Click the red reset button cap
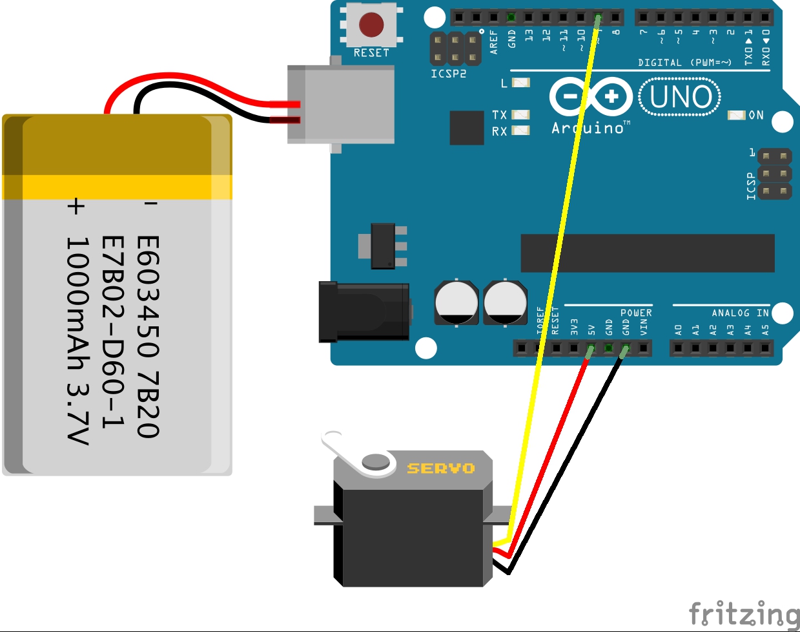tap(371, 25)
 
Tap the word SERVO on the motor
tap(440, 468)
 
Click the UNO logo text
tap(681, 97)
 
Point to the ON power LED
tap(736, 115)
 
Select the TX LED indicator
tap(520, 114)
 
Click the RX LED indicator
tap(520, 131)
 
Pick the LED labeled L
tap(520, 82)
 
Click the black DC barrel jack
tap(364, 311)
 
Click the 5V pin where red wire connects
tap(590, 350)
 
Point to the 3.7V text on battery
tap(77, 414)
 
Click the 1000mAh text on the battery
tap(77, 304)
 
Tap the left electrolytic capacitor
tap(456, 302)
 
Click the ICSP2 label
tap(448, 74)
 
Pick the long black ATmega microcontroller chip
tap(648, 253)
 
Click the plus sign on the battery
tap(76, 206)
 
